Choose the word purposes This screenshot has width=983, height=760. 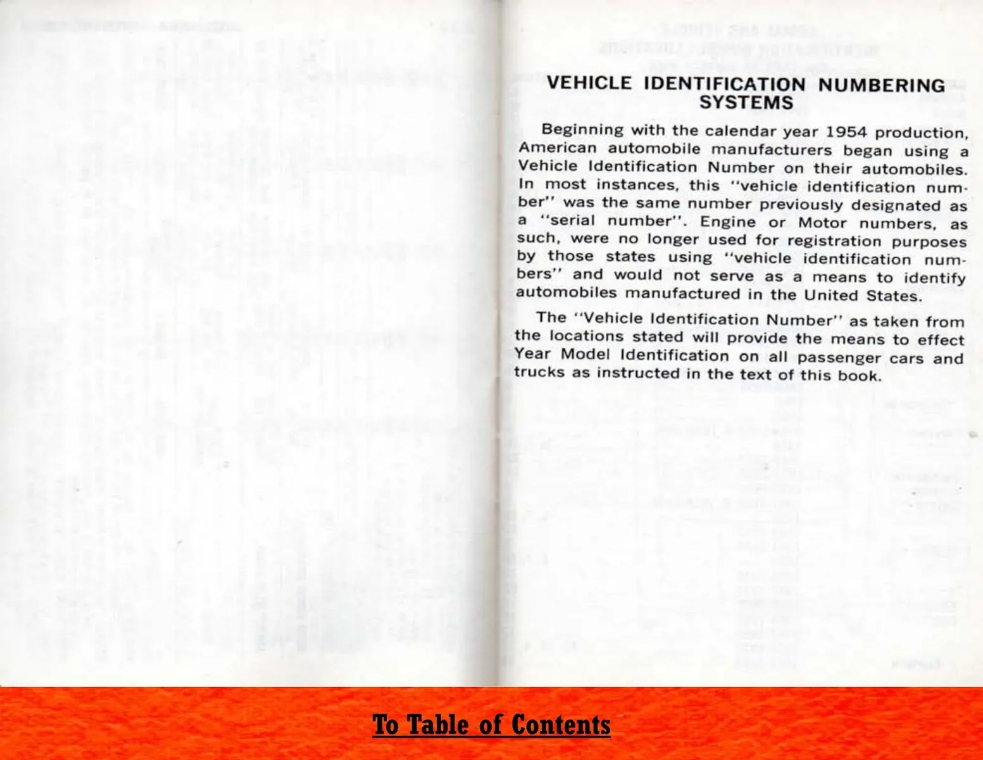pyautogui.click(x=929, y=242)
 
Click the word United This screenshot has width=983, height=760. pyautogui.click(x=830, y=295)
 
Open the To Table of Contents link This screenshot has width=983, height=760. pyautogui.click(x=491, y=724)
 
